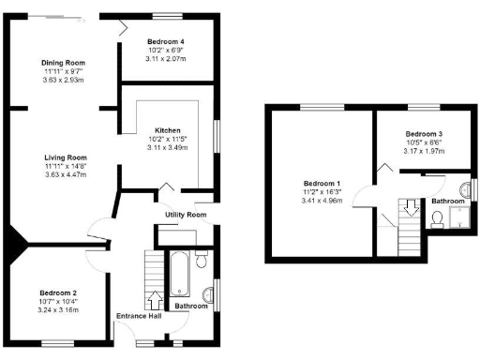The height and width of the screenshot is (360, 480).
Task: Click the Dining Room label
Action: tap(64, 63)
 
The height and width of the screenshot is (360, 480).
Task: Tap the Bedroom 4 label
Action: tap(166, 42)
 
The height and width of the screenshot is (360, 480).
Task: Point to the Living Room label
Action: tap(64, 157)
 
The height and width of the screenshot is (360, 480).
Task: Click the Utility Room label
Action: tap(184, 215)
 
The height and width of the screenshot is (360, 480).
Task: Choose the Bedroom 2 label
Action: tap(58, 292)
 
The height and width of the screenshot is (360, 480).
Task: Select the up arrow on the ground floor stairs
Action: tap(156, 299)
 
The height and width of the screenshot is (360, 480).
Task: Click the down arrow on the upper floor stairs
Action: tap(410, 204)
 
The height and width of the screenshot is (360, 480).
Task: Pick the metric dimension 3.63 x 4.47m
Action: tap(64, 175)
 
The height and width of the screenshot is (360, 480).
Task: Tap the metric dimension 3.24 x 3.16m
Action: tap(58, 309)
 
